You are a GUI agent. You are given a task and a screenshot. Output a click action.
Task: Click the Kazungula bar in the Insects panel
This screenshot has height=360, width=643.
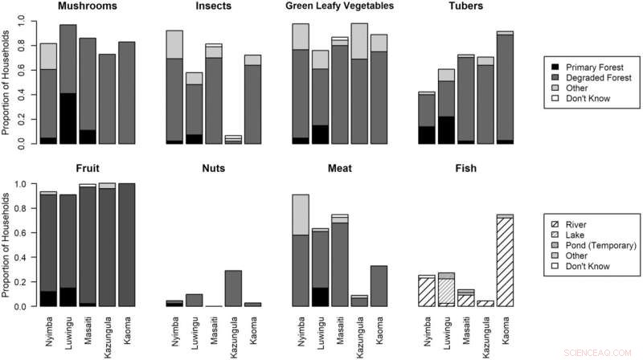(x=233, y=140)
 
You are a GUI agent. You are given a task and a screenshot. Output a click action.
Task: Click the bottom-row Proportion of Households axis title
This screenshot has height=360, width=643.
(x=7, y=245)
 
